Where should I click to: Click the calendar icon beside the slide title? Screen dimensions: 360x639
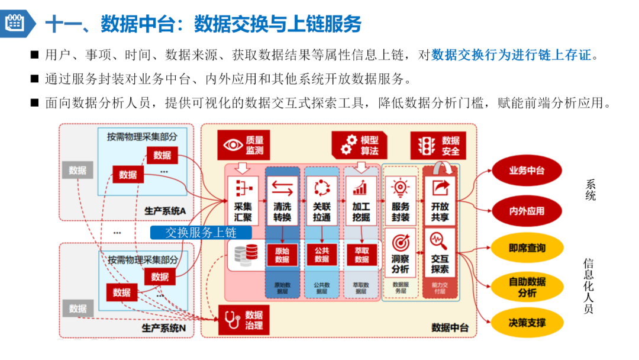point(15,23)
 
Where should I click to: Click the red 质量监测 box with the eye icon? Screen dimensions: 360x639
point(243,144)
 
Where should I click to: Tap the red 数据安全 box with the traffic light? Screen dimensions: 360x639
point(438,145)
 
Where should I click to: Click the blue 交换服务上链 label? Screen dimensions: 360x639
point(201,233)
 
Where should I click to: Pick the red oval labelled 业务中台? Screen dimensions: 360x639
point(527,171)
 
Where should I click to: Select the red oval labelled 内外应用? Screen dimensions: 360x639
point(527,211)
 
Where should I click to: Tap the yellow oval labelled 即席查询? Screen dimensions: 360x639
point(527,249)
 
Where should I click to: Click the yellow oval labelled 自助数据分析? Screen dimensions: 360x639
point(527,287)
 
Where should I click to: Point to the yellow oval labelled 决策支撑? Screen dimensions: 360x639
point(527,323)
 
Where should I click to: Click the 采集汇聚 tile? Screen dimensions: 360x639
point(243,201)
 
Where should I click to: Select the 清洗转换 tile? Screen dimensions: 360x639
point(282,201)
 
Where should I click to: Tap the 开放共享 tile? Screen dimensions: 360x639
point(440,201)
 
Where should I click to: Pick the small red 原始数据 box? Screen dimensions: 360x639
point(282,255)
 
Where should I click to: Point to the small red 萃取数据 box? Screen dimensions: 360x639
point(362,255)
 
